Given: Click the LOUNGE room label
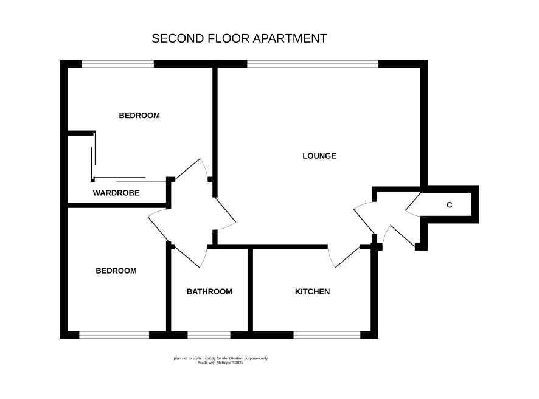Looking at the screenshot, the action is (319, 156).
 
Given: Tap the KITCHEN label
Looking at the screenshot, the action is (312, 291).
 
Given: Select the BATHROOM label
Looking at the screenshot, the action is (209, 291).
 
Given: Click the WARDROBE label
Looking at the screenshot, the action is (116, 193).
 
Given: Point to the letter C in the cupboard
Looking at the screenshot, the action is (450, 205).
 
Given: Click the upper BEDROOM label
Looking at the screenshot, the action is (139, 116).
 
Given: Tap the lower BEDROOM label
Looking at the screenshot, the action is (116, 271).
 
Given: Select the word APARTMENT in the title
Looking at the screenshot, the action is (290, 38).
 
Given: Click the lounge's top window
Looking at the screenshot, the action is (313, 64).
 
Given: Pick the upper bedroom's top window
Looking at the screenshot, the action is (117, 64).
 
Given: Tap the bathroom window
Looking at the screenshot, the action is (209, 335).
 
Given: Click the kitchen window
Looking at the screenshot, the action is (327, 335).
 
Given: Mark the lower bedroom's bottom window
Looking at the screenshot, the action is (114, 335).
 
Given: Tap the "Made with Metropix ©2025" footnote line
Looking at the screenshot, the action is (221, 363).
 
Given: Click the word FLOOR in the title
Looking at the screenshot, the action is (229, 38).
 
